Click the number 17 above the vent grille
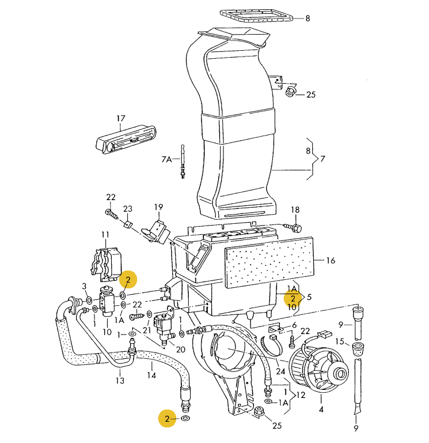(121, 119)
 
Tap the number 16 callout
(331, 261)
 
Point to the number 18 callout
(295, 209)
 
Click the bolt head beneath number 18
(297, 228)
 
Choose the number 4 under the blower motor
(321, 410)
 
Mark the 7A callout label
(166, 159)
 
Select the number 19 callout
(158, 207)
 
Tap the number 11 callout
(105, 234)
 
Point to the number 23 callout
(128, 209)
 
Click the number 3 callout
(84, 286)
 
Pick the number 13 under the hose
(120, 381)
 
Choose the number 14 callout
(151, 376)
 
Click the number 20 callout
(180, 350)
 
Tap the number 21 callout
(147, 330)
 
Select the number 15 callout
(340, 342)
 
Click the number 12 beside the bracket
(300, 395)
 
